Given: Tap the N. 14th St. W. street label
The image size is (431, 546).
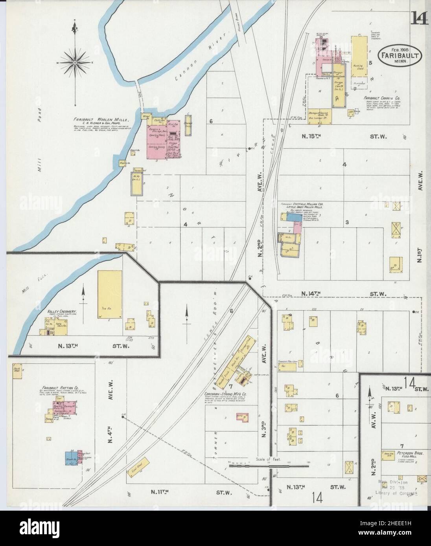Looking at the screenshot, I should [338, 293].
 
